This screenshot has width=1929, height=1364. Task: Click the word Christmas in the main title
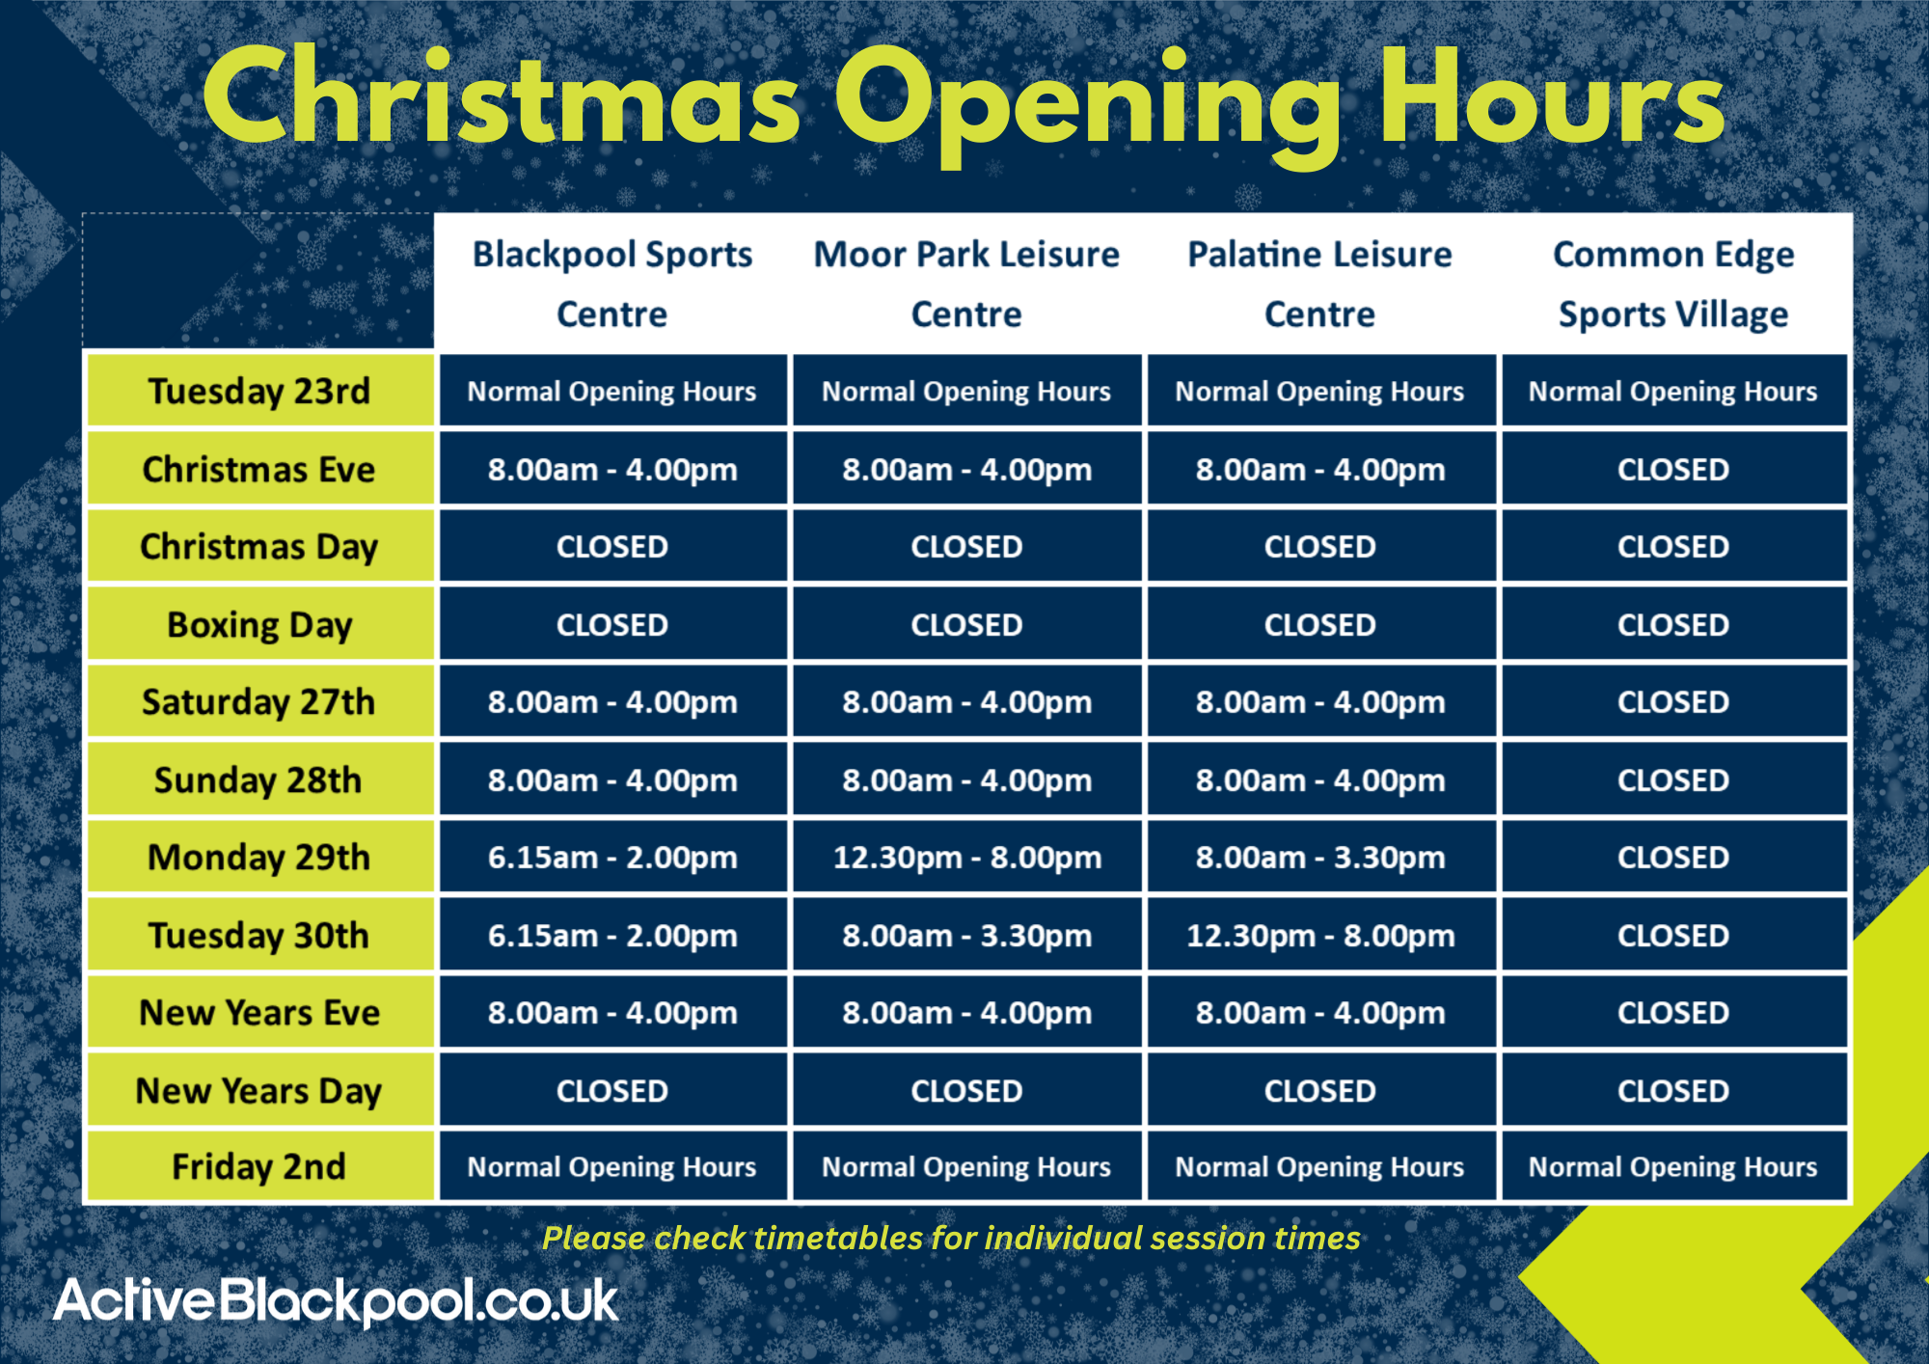[x=502, y=96]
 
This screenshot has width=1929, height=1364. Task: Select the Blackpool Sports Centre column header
[x=612, y=284]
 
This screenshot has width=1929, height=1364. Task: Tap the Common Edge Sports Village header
[x=1673, y=284]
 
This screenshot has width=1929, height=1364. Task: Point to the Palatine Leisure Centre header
[x=1319, y=284]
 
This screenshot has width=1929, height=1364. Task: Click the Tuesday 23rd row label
[x=258, y=392]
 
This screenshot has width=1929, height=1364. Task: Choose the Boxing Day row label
[x=258, y=625]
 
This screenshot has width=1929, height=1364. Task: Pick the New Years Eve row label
[x=258, y=1013]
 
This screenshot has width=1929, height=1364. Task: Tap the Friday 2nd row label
[x=258, y=1167]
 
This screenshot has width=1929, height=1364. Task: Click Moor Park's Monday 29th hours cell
[x=966, y=858]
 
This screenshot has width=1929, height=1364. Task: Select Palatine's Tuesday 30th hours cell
[x=1320, y=936]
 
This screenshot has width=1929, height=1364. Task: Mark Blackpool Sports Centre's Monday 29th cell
[x=612, y=858]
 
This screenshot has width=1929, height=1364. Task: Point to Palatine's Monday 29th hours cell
[x=1320, y=858]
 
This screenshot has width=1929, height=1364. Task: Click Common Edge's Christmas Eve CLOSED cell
[x=1673, y=470]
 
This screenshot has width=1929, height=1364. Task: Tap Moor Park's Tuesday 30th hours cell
[x=966, y=936]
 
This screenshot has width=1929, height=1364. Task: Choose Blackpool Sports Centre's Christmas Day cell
[x=612, y=547]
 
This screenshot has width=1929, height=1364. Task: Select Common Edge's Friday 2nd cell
[x=1673, y=1167]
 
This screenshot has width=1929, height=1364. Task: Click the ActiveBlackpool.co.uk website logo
[x=336, y=1301]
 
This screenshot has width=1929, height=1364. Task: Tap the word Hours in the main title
[x=1551, y=96]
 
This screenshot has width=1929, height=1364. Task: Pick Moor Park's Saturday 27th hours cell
[x=966, y=702]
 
